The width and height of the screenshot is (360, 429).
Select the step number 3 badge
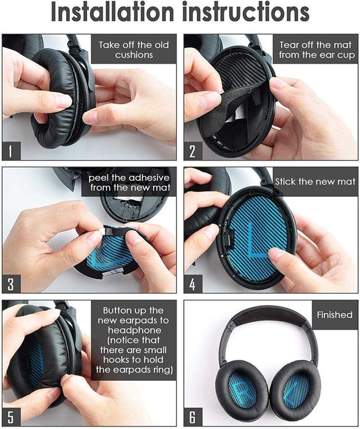pyautogui.click(x=10, y=283)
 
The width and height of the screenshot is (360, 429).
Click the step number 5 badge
pyautogui.click(x=10, y=419)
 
